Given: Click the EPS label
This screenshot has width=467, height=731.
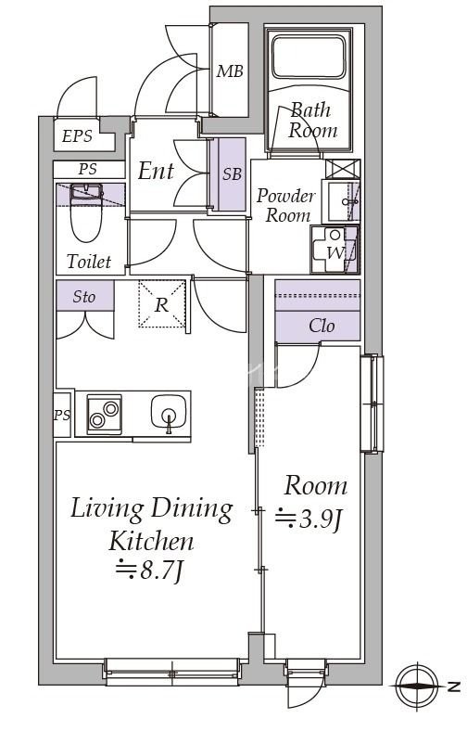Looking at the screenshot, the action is click(x=77, y=136).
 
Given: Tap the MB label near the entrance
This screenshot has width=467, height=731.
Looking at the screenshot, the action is click(x=230, y=71).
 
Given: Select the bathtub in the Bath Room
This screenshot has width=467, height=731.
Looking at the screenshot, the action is click(x=309, y=57).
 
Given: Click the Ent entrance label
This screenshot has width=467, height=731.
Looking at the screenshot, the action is click(x=156, y=171).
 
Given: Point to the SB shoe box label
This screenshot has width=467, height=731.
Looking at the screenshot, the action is click(x=232, y=173).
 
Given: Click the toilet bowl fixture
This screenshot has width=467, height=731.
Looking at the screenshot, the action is click(x=86, y=212).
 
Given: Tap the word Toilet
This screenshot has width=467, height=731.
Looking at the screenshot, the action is click(x=89, y=261).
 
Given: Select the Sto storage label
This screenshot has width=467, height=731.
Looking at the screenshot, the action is click(x=84, y=297).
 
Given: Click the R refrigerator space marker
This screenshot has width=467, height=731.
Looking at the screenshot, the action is click(x=161, y=305).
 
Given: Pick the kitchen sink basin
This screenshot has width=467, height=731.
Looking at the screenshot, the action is click(x=169, y=412).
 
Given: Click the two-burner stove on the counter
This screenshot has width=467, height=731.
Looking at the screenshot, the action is click(x=105, y=414).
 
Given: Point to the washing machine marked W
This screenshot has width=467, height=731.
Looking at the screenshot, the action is click(x=334, y=250).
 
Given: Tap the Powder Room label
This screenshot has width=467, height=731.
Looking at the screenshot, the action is click(x=285, y=206).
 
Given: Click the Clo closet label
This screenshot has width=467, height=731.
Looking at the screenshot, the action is click(x=322, y=326).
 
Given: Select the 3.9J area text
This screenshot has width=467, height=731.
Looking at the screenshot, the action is click(x=309, y=519).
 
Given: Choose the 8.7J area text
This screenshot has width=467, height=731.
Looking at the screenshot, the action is click(x=149, y=570).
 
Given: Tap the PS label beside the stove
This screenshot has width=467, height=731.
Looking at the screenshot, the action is click(x=62, y=415).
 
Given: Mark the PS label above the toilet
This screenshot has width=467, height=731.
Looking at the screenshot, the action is click(x=87, y=169).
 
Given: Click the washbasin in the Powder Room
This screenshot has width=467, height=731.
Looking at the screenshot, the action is click(x=340, y=201).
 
